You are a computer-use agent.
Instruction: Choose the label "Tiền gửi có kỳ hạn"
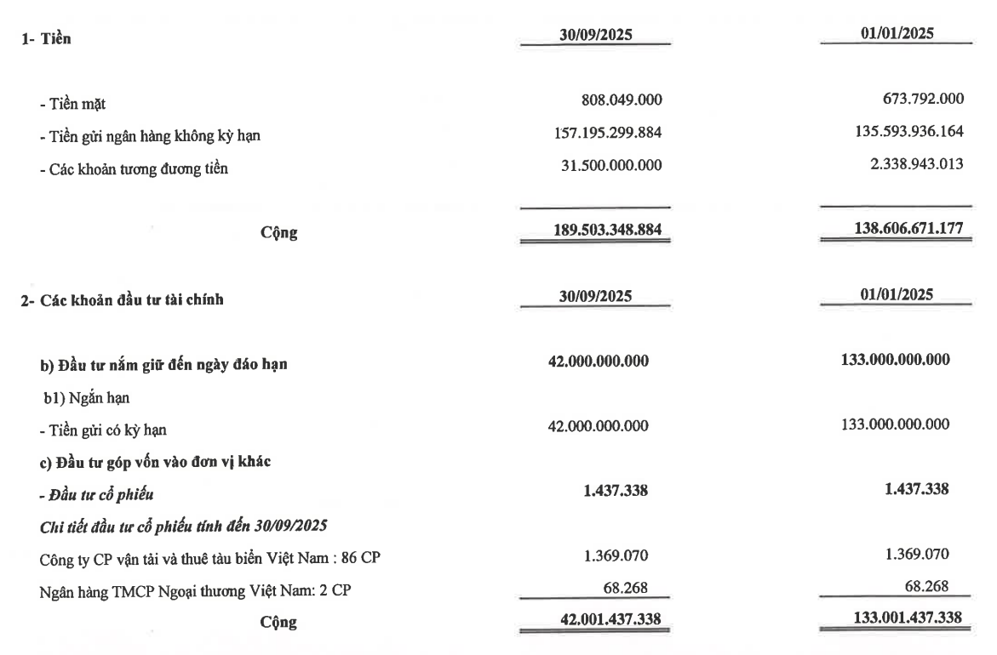click(x=100, y=430)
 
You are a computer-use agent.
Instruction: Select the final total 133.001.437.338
click(x=900, y=620)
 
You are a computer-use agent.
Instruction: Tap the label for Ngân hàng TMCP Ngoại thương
click(x=180, y=590)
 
